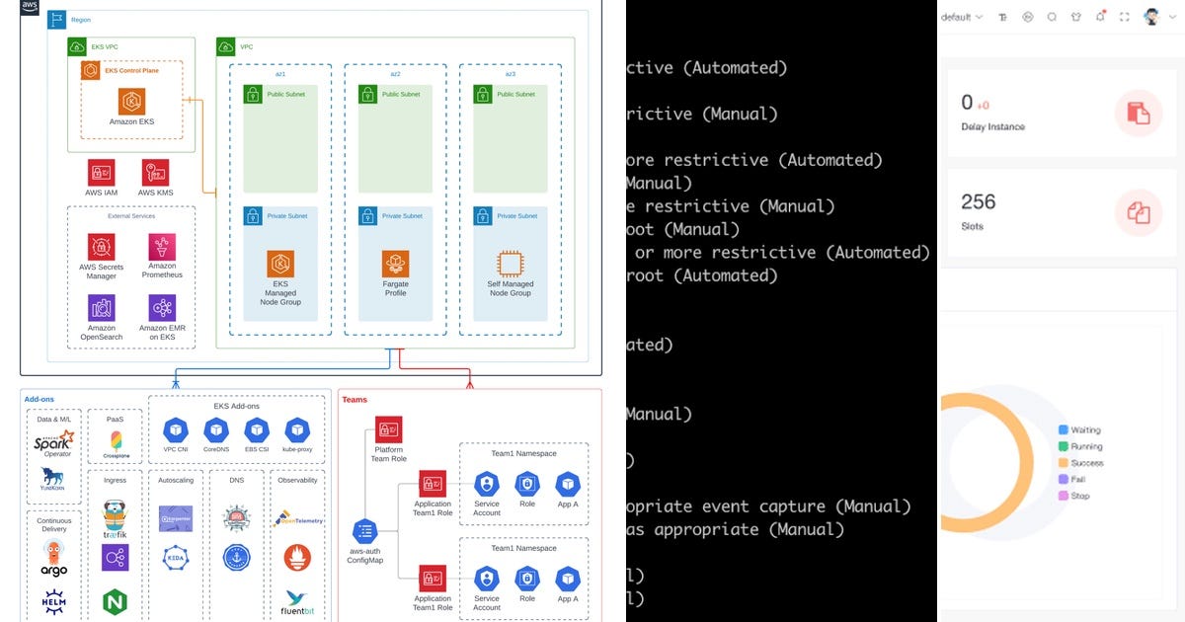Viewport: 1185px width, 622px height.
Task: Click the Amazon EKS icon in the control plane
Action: click(x=131, y=101)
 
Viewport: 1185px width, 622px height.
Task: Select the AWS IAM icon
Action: click(x=101, y=173)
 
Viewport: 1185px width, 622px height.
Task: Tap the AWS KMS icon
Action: click(x=155, y=173)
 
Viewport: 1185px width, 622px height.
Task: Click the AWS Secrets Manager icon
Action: click(x=101, y=247)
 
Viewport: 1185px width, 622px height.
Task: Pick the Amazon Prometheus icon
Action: click(x=162, y=247)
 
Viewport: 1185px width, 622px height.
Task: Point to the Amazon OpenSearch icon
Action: click(x=101, y=308)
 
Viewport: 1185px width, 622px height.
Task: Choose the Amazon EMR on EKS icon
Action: click(x=162, y=308)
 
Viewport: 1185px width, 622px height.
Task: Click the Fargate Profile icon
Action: click(x=395, y=264)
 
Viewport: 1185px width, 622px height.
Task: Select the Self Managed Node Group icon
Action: click(x=510, y=264)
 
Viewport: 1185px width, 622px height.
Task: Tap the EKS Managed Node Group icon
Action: click(x=280, y=264)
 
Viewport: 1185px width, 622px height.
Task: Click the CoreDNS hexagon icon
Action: click(x=216, y=430)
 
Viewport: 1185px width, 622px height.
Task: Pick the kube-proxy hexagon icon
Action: click(x=297, y=430)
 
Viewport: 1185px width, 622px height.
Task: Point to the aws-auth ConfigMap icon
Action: click(x=364, y=531)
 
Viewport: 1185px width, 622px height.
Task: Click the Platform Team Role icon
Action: click(x=389, y=429)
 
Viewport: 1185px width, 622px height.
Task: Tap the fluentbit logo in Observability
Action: click(x=297, y=598)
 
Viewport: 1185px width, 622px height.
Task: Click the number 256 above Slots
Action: click(x=978, y=201)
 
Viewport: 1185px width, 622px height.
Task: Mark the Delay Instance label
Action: click(x=992, y=126)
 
